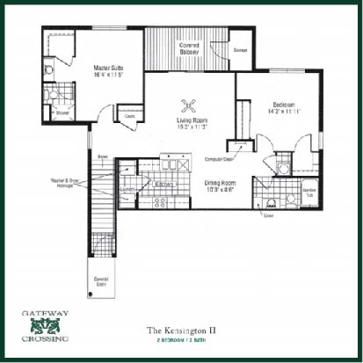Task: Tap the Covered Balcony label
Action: tap(188, 48)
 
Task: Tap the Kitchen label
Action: tap(163, 185)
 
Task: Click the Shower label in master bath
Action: tap(62, 113)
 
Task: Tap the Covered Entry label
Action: tap(101, 281)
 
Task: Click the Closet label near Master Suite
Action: tap(129, 116)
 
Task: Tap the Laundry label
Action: tap(127, 187)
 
